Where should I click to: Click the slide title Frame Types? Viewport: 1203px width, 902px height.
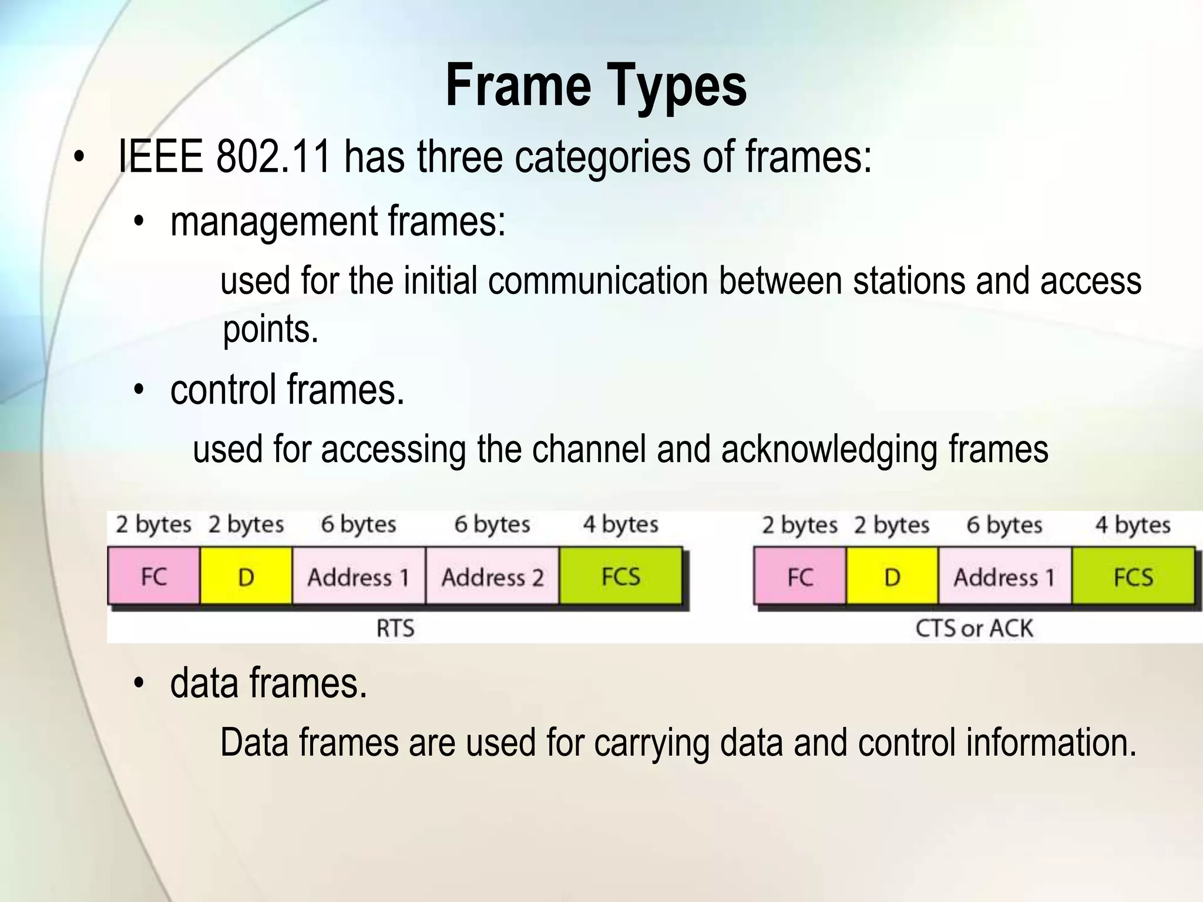tap(596, 86)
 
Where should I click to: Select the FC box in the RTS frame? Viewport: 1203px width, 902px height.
tap(154, 576)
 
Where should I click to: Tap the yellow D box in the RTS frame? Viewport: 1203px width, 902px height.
tap(246, 576)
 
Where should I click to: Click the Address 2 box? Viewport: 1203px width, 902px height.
tap(492, 576)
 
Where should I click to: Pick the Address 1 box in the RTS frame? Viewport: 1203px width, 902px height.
tap(358, 576)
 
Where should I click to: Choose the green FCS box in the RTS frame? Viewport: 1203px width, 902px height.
tap(621, 576)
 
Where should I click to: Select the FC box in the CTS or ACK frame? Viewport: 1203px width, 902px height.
tap(799, 576)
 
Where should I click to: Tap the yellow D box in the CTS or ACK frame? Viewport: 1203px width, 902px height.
tap(892, 576)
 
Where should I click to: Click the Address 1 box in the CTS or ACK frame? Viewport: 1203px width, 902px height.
tap(1004, 576)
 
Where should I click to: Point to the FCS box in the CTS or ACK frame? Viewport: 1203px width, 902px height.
tap(1133, 576)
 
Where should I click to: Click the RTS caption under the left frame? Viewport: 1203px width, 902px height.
tap(395, 628)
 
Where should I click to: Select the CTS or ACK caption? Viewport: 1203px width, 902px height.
tap(974, 628)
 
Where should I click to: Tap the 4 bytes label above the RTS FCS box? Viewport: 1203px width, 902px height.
tap(620, 524)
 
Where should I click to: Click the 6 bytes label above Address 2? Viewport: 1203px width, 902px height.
tap(492, 524)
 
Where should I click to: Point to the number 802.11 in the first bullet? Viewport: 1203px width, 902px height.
tap(273, 157)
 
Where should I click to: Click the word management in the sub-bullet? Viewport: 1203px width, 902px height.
tap(274, 221)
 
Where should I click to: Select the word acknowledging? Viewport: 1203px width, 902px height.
tap(829, 449)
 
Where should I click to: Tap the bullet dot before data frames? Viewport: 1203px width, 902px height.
tap(139, 684)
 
